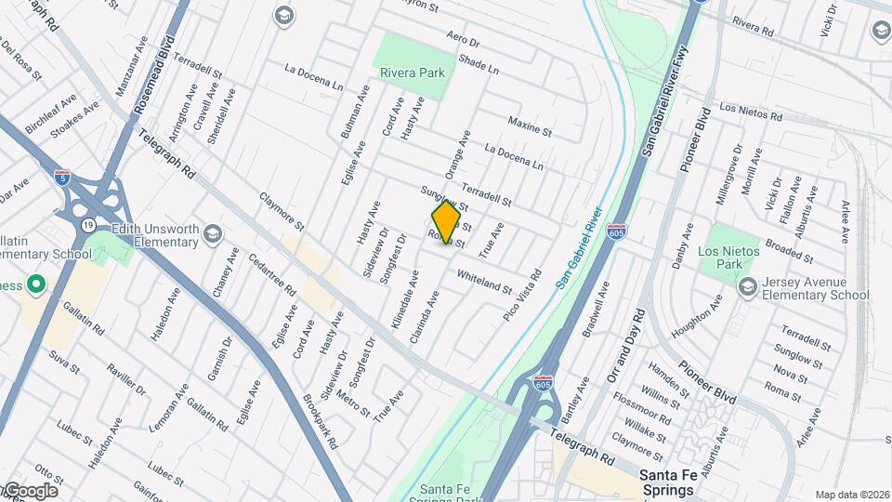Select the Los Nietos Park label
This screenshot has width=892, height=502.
click(728, 258)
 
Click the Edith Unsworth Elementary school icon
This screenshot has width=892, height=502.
click(213, 232)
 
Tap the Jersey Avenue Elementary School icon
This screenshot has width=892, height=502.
click(747, 288)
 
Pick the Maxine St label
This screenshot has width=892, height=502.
click(530, 127)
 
